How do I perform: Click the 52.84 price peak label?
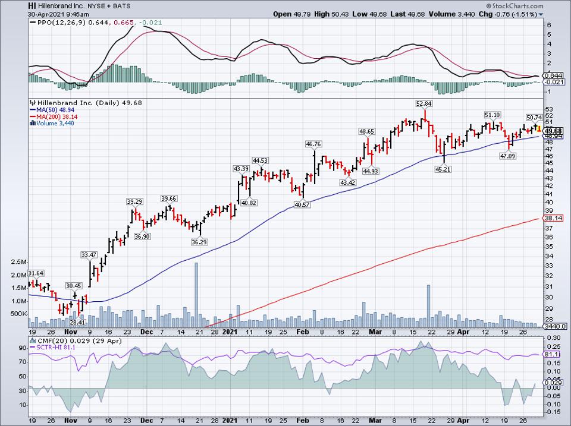click(423, 103)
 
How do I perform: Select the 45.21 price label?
click(444, 168)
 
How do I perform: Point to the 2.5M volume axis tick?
click(14, 262)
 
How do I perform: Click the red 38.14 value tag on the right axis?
click(554, 218)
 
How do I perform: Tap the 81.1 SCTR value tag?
click(554, 354)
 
